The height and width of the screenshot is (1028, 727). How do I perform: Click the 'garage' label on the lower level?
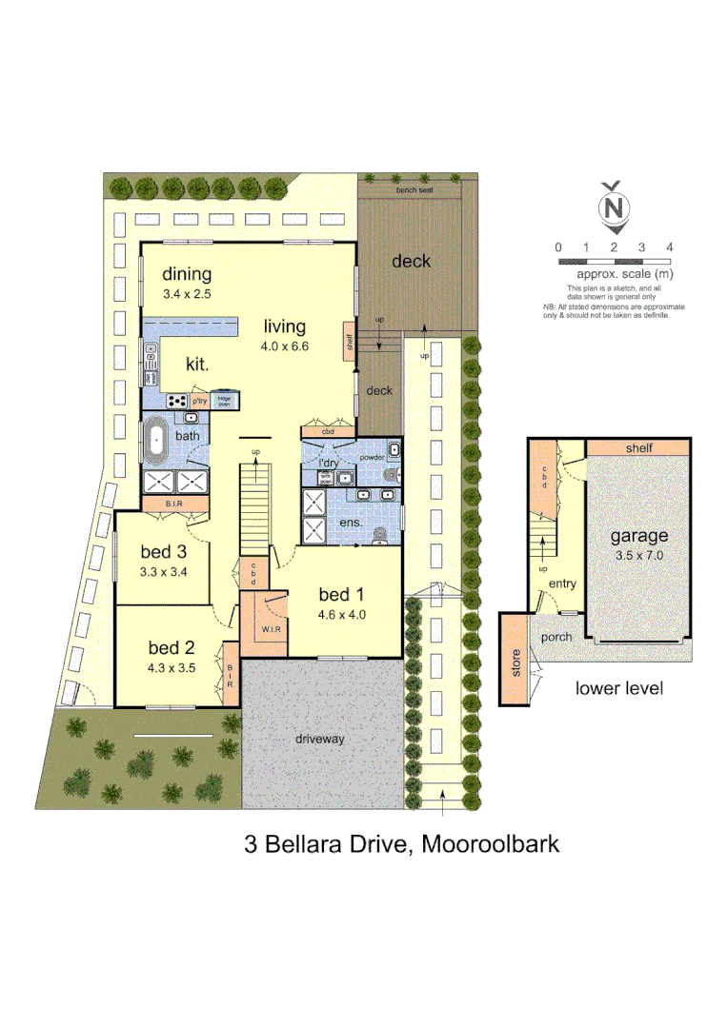tap(638, 536)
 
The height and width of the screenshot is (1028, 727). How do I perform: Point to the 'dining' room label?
tap(186, 275)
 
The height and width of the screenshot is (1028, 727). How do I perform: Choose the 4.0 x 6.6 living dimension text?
tap(286, 346)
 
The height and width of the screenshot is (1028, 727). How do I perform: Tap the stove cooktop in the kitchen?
tap(178, 401)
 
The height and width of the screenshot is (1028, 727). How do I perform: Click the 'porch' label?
tap(556, 636)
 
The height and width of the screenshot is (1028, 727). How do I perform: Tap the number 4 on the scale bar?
tap(670, 247)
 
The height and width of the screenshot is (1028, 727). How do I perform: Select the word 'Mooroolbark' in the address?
tap(490, 842)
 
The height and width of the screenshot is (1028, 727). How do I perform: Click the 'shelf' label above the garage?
tap(637, 447)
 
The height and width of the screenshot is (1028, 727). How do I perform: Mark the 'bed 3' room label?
tap(162, 551)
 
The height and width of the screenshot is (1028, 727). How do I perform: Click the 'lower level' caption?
tap(619, 688)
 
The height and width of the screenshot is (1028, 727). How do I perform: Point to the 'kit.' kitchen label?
tap(198, 363)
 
